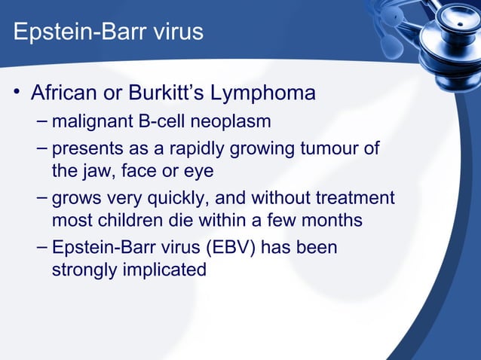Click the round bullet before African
tap(15, 95)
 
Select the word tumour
tap(330, 148)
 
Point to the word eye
tap(198, 172)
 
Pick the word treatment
tap(355, 199)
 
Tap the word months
tap(330, 221)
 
